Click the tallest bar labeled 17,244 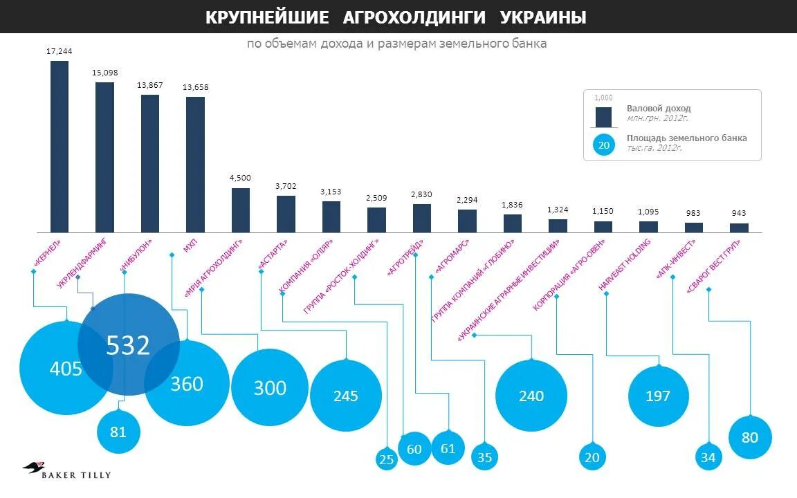click(x=59, y=147)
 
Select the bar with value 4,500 click(x=240, y=210)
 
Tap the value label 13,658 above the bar click(x=195, y=88)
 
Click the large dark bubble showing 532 click(x=128, y=344)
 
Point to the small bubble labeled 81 click(x=118, y=432)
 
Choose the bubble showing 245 click(x=346, y=396)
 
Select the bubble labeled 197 click(x=658, y=396)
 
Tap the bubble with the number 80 click(x=750, y=437)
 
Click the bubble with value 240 click(x=531, y=396)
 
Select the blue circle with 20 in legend click(x=603, y=145)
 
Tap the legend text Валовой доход click(x=658, y=109)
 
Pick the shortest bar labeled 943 click(x=739, y=227)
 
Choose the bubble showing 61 click(x=448, y=448)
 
